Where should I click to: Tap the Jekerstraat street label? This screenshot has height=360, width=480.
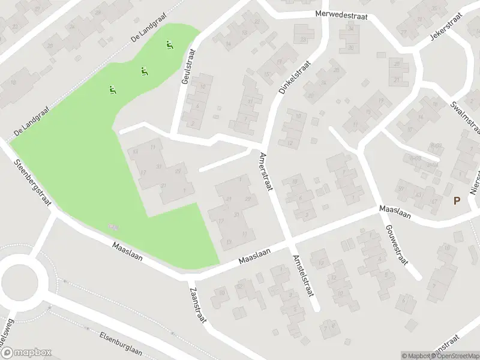445,28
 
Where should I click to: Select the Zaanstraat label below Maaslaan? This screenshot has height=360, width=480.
196,304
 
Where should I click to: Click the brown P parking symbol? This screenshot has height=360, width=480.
457,201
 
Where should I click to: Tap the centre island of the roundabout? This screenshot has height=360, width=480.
24,280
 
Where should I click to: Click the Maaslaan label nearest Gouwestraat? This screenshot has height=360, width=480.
394,211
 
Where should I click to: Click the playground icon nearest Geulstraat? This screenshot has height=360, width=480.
170,44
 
